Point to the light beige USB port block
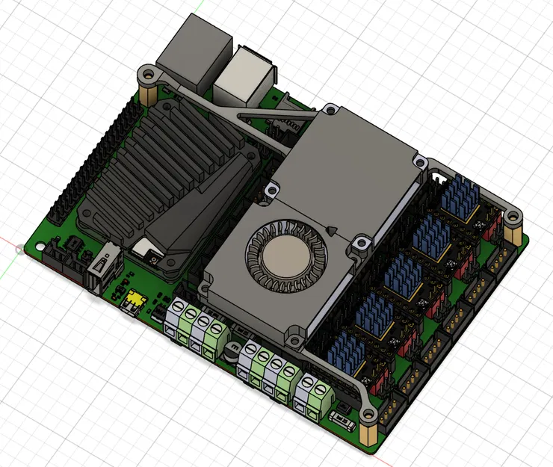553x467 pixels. pyautogui.click(x=243, y=75)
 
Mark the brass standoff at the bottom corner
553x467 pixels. pyautogui.click(x=369, y=433)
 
